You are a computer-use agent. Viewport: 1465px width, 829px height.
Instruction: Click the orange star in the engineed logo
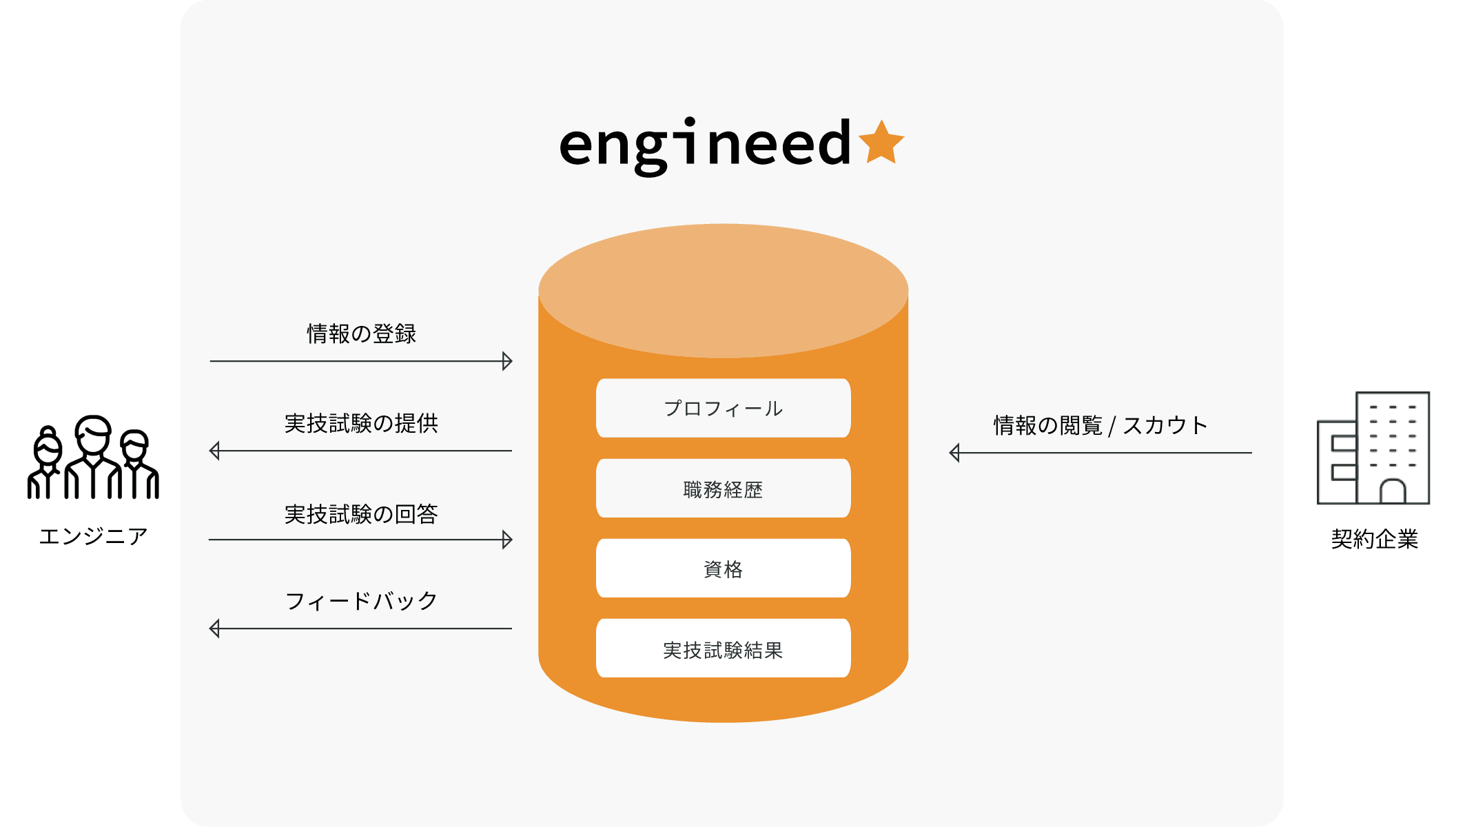(881, 143)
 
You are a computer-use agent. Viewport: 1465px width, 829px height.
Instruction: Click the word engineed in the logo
(705, 145)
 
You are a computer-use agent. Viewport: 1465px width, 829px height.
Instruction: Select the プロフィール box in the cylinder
(723, 408)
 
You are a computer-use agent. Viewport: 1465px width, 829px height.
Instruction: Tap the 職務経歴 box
(723, 489)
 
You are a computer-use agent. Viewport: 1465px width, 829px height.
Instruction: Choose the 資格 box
(723, 569)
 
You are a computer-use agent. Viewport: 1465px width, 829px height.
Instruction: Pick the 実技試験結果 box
(723, 649)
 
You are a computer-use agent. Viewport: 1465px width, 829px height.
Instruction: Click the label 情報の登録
(361, 334)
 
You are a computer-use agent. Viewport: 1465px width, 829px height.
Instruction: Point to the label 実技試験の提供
(361, 423)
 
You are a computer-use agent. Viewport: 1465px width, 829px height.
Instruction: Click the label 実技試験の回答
(361, 514)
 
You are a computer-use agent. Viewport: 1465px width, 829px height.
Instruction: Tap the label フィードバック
(361, 601)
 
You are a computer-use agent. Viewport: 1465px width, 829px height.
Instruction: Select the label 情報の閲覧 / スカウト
(1100, 425)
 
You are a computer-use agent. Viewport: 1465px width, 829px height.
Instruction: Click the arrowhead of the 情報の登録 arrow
(507, 361)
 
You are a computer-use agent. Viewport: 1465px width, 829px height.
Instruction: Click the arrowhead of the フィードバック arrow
(215, 628)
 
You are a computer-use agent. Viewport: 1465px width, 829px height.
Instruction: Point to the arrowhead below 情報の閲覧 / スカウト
(955, 453)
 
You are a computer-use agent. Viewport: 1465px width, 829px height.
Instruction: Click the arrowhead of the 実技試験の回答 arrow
(507, 540)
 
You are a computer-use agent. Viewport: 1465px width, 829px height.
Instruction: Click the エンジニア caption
(93, 536)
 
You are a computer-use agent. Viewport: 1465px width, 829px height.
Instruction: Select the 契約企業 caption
(1374, 539)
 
